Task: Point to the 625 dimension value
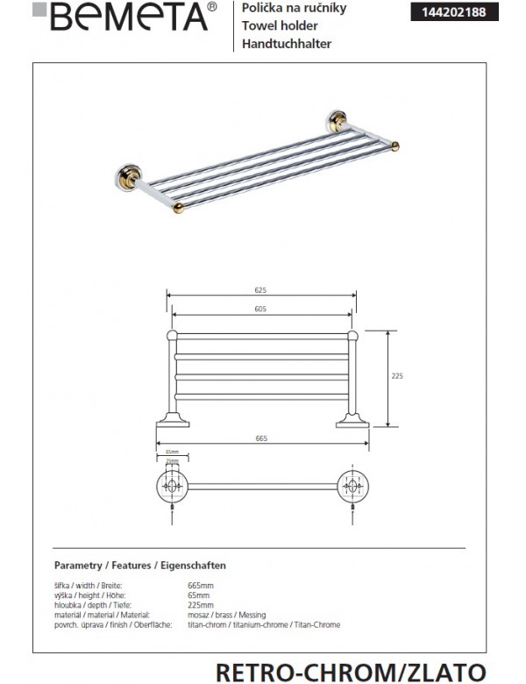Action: [259, 290]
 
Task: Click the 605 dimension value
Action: [260, 309]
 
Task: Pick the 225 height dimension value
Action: [396, 375]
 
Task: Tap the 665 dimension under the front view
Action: [261, 438]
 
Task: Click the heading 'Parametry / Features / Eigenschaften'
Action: [140, 566]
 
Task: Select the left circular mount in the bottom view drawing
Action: [172, 485]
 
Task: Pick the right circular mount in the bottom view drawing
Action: [353, 485]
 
